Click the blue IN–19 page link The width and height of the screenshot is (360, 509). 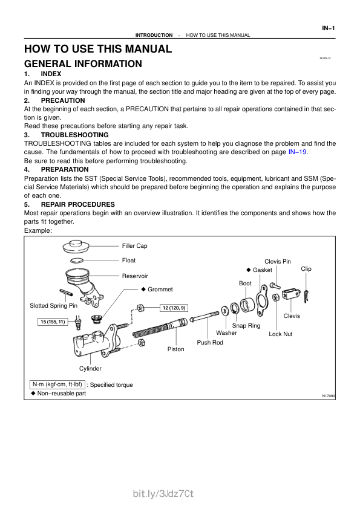click(297, 152)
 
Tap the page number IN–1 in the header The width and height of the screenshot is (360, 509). click(328, 28)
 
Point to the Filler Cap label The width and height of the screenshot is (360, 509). click(134, 246)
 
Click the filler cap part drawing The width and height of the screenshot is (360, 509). click(76, 247)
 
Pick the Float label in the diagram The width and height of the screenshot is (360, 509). click(129, 261)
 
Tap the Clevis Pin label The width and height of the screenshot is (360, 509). click(278, 262)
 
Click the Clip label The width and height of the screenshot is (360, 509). click(306, 269)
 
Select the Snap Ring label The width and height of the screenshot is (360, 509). click(246, 326)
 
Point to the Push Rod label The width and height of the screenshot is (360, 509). click(210, 343)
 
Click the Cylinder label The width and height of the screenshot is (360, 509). click(90, 368)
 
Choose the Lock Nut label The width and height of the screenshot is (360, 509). click(280, 334)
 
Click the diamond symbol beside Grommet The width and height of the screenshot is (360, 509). click(143, 289)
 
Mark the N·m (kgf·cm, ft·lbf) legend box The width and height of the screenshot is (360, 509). click(57, 384)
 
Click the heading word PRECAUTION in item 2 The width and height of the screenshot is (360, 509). click(63, 100)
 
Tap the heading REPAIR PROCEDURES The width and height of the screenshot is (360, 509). click(78, 204)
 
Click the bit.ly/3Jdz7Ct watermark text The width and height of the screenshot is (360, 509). click(163, 494)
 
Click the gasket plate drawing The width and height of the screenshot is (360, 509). click(261, 300)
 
